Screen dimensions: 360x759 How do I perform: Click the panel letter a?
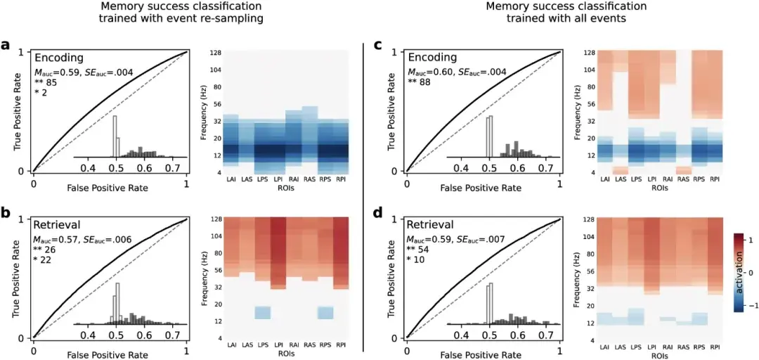coord(6,46)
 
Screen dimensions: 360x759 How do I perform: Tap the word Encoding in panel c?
coord(432,57)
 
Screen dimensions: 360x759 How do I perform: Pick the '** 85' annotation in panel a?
coord(46,82)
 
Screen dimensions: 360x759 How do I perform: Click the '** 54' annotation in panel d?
coord(420,250)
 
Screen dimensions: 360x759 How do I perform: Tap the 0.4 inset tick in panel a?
coord(89,169)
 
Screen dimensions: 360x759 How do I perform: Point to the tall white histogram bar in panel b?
coord(117,304)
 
